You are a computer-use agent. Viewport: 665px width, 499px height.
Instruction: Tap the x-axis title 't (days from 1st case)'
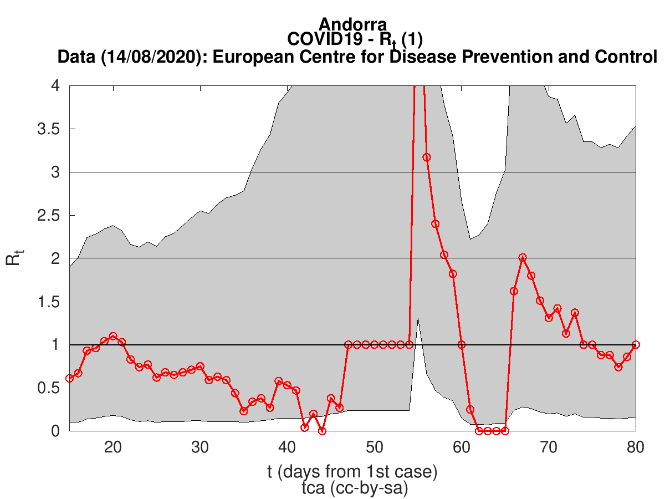click(x=352, y=472)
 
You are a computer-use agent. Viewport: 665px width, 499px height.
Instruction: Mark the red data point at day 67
click(x=523, y=258)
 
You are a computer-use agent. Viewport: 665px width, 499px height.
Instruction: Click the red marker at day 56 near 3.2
click(x=427, y=157)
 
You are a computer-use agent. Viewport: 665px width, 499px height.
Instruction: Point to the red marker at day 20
click(x=113, y=336)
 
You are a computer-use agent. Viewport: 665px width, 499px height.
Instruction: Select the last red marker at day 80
click(x=636, y=344)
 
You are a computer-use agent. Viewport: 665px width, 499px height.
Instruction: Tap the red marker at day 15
click(x=70, y=378)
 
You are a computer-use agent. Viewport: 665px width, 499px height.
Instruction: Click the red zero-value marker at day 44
click(x=322, y=431)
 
